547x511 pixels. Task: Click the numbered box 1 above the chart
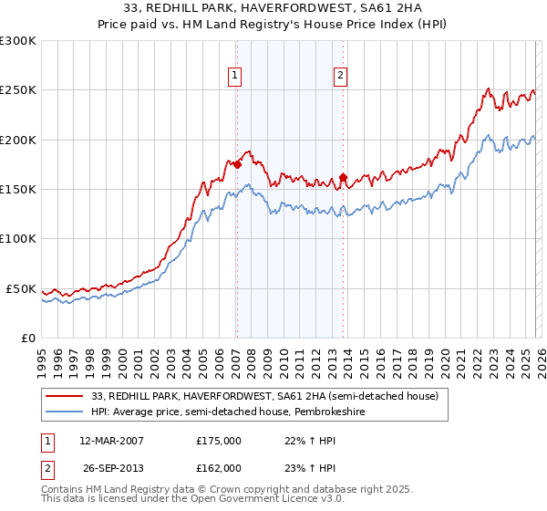235,76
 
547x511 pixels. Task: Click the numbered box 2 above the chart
340,76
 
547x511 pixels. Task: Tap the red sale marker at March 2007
237,164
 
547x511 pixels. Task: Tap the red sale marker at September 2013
343,177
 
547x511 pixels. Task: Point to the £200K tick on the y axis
18,140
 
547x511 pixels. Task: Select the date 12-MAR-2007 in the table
112,440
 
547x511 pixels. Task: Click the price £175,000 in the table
219,440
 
